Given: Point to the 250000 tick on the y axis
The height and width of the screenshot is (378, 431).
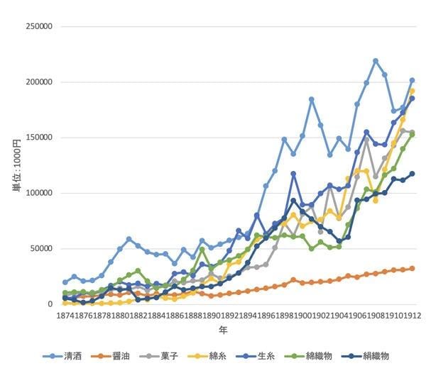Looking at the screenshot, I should click(40, 27).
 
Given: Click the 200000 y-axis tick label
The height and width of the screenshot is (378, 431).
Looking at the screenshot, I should click(40, 82).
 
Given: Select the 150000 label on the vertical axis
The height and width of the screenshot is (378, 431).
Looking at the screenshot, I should click(40, 138).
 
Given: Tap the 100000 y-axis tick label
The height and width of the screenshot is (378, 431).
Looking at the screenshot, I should click(40, 193).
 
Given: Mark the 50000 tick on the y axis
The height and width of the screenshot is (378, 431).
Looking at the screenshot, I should click(42, 248).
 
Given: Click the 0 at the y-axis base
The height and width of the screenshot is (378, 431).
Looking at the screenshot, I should click(52, 304).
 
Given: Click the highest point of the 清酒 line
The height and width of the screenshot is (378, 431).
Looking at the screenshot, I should click(376, 61).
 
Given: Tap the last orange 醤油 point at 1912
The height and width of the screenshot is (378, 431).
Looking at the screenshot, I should click(412, 269).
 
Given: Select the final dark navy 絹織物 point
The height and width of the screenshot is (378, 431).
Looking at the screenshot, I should click(412, 174).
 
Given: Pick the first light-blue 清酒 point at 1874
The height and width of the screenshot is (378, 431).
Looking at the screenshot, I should click(65, 282).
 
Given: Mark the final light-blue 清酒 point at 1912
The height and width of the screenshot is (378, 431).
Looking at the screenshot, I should click(412, 81).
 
